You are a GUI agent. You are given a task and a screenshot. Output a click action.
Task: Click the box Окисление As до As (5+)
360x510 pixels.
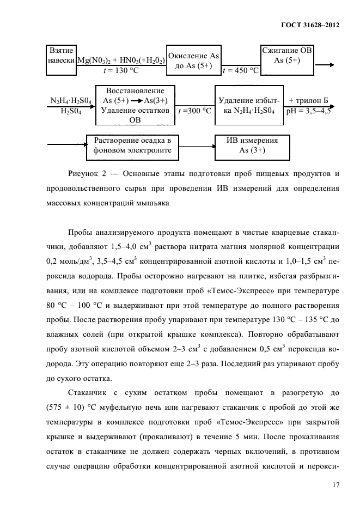tap(193, 61)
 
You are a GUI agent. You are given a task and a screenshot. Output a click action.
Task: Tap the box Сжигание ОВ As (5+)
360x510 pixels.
tap(287, 56)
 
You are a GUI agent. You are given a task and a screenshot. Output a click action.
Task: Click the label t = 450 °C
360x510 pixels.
tap(240, 70)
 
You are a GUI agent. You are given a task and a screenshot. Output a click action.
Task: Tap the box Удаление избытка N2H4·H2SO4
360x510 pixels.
tap(249, 105)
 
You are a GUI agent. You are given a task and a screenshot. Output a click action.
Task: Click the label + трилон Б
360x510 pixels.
tap(308, 101)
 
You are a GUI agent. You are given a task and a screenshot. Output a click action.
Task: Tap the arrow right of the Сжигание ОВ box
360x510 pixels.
tap(325, 65)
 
